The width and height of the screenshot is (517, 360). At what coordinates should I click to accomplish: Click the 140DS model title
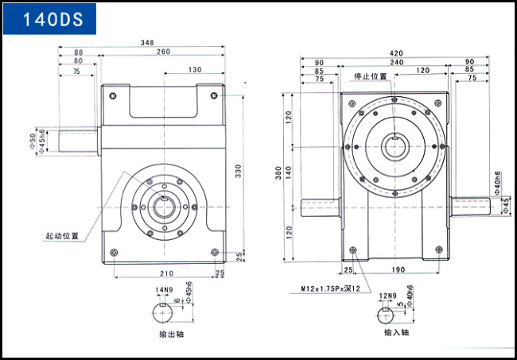coord(52,19)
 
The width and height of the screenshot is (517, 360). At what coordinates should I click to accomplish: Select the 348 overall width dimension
coord(147,42)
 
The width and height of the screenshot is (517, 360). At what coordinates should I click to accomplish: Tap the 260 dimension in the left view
coord(163,52)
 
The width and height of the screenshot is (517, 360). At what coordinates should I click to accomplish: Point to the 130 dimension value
coord(195,70)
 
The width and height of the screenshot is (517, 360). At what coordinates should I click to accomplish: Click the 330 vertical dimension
coord(239,171)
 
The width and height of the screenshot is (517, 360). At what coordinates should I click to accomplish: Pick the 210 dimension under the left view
coord(166,273)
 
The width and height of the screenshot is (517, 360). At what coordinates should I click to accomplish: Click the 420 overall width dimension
coord(396,53)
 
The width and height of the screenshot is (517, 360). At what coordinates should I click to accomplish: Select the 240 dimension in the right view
coord(397,62)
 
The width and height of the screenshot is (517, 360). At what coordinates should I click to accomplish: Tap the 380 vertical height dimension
coord(278,173)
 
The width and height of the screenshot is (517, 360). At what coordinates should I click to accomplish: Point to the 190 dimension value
coord(398,269)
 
